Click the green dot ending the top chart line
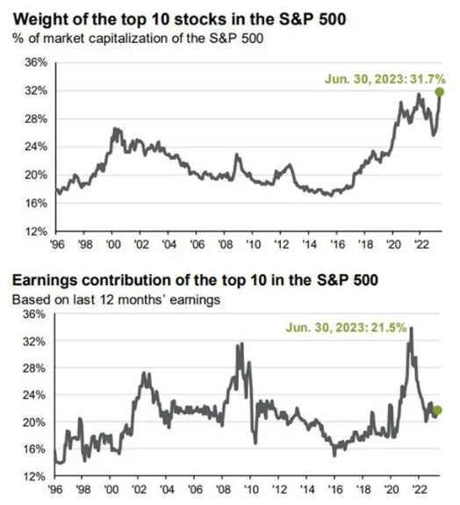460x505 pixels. (439, 91)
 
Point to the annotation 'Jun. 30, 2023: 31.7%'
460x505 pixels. (381, 78)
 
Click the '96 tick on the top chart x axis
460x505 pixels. (60, 243)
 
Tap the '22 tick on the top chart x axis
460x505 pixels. (420, 243)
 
